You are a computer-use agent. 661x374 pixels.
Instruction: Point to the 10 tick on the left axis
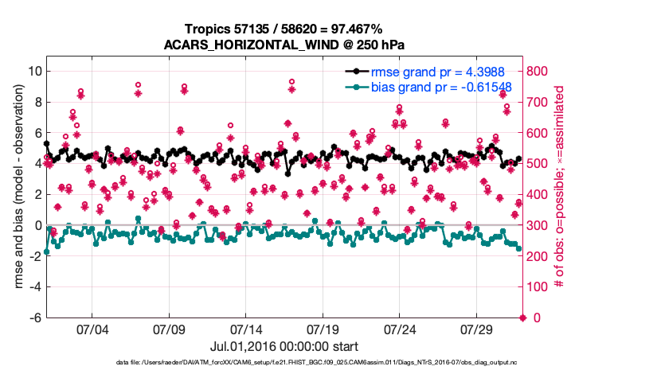point(34,71)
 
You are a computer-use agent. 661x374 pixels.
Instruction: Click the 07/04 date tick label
point(92,329)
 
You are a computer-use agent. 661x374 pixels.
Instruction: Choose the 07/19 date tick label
point(323,329)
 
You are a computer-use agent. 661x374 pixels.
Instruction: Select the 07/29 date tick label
point(477,329)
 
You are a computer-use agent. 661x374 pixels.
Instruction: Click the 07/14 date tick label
point(246,329)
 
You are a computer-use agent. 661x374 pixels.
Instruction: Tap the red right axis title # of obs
point(561,193)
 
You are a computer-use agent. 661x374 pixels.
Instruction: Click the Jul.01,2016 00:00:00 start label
point(284,346)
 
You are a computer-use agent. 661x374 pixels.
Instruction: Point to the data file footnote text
point(284,363)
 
